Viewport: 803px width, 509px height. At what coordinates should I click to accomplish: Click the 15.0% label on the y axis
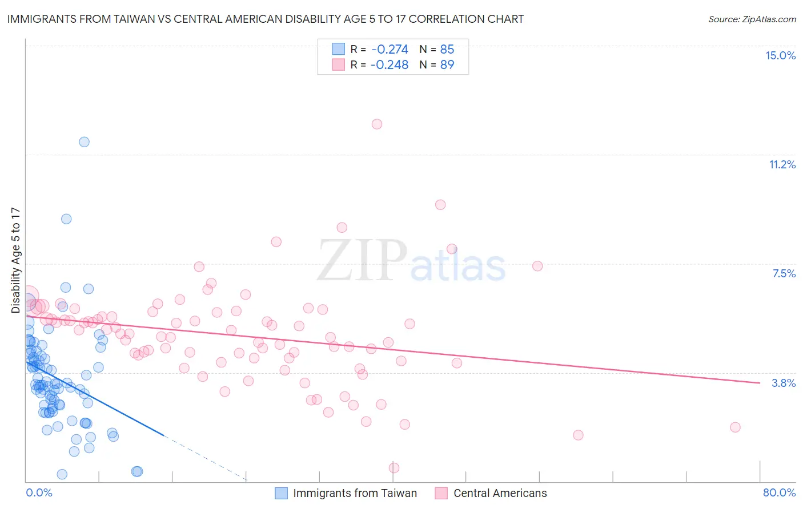click(x=780, y=55)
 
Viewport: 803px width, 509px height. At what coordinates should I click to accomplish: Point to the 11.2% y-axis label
click(x=782, y=164)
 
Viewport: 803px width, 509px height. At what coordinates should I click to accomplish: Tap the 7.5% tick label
click(x=784, y=273)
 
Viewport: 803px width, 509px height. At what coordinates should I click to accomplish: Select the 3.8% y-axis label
click(x=784, y=383)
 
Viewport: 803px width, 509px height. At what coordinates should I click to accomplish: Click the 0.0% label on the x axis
click(x=39, y=492)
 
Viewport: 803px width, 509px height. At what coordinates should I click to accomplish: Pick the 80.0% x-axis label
click(x=779, y=492)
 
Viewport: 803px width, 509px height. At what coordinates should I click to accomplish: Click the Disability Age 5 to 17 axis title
click(x=15, y=260)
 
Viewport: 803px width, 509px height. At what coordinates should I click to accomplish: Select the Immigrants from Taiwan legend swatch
click(x=281, y=493)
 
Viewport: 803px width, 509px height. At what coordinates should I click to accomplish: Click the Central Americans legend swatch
click(x=441, y=493)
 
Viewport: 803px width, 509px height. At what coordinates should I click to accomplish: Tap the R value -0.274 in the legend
click(x=390, y=50)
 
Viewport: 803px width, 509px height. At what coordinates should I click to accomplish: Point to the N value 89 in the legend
click(x=447, y=65)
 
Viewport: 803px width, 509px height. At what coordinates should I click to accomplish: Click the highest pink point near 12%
click(x=377, y=124)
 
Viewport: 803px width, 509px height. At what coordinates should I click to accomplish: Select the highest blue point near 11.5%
click(x=84, y=142)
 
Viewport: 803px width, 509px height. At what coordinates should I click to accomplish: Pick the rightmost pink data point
click(x=735, y=427)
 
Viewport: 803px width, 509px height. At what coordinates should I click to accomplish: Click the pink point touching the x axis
click(x=394, y=468)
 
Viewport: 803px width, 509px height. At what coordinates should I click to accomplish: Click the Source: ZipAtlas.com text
click(x=752, y=19)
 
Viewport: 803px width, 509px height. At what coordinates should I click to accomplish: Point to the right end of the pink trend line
click(x=760, y=383)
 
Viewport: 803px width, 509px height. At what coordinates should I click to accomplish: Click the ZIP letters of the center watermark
click(x=362, y=260)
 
